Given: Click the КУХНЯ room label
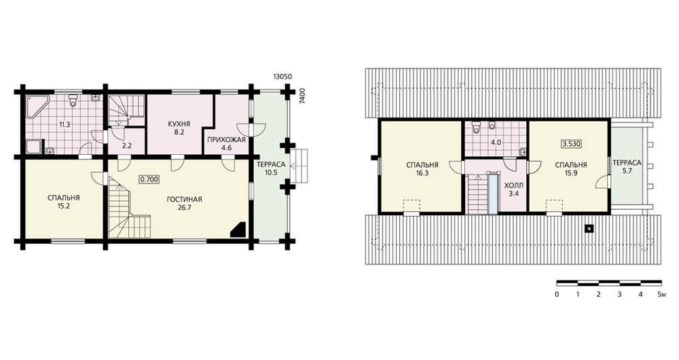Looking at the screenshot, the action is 179,124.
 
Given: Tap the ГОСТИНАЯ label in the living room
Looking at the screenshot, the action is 185,200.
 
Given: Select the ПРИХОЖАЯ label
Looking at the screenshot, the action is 227,140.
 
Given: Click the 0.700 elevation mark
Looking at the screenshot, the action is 149,179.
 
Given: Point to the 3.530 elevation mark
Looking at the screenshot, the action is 571,144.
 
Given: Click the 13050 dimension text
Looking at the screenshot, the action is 282,77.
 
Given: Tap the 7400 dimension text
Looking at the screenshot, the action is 303,95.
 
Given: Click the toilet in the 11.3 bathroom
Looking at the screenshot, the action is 73,101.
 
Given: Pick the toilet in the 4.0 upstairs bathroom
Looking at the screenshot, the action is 477,127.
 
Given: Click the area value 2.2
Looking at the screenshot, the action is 126,147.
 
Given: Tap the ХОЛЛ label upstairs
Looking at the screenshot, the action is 513,185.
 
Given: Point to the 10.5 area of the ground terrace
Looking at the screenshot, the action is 271,173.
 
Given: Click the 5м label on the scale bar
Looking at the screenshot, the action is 661,295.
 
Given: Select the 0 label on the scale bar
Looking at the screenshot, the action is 557,295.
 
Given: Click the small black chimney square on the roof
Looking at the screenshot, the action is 589,228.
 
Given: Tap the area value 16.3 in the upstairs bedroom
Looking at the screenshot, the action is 422,173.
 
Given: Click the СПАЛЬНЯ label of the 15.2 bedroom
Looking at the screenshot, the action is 64,198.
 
